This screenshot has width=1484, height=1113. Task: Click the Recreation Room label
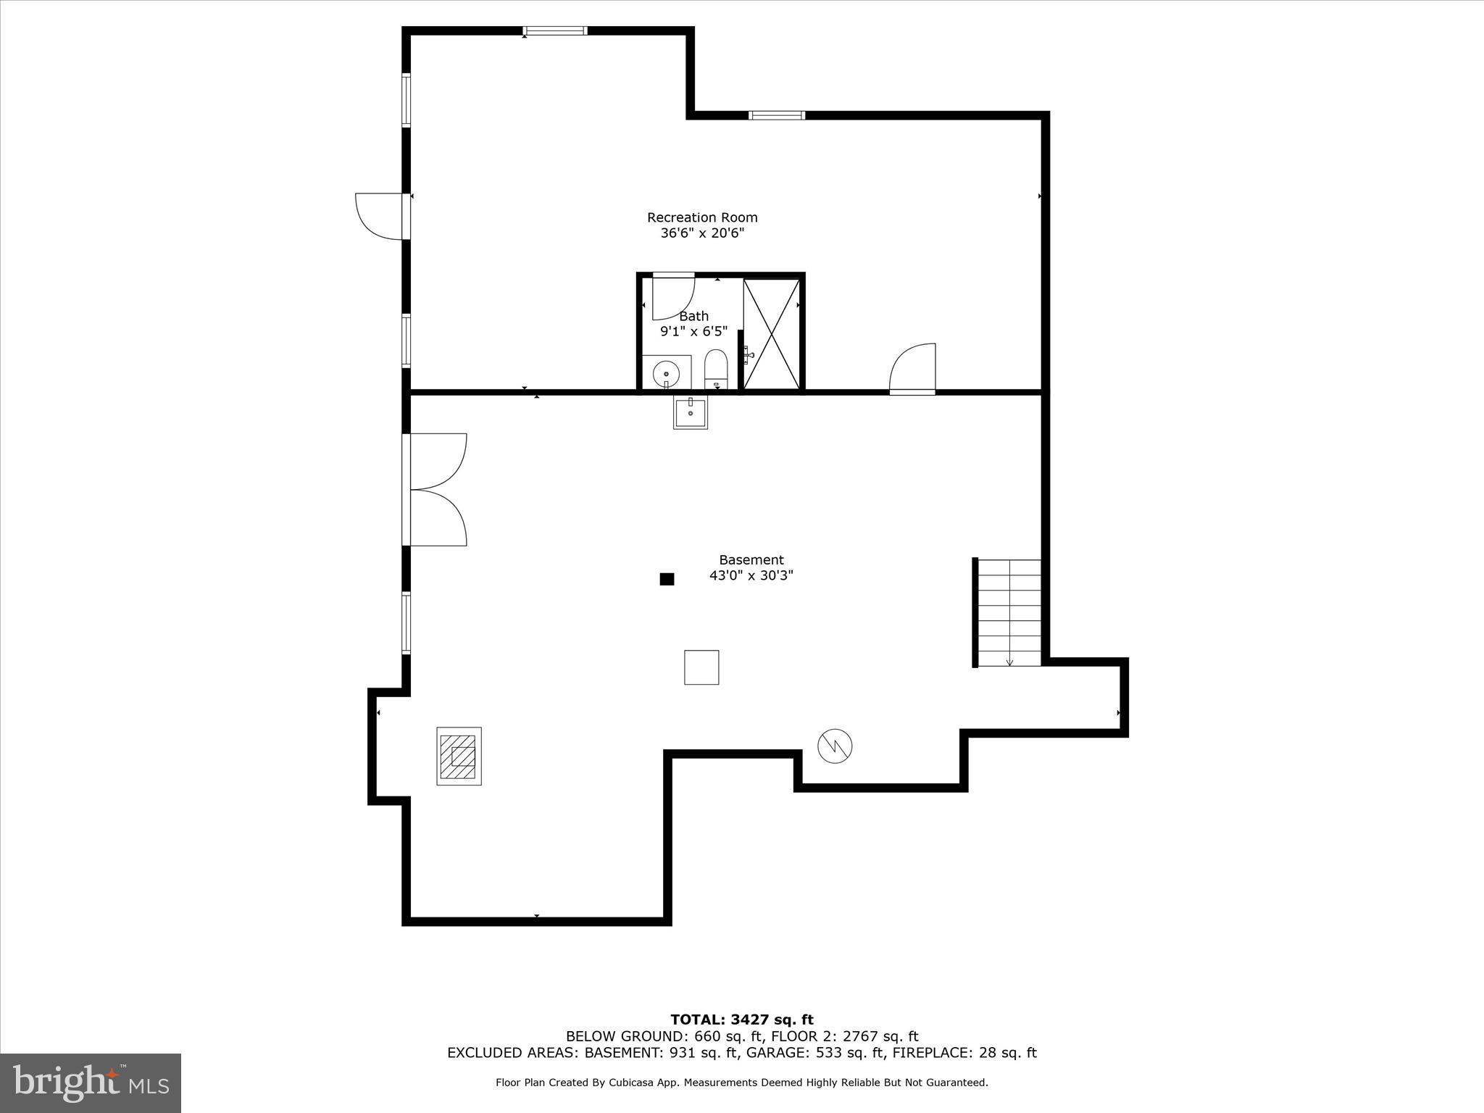(x=701, y=217)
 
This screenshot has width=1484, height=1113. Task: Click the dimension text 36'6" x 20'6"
(x=701, y=233)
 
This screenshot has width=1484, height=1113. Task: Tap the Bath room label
(x=693, y=316)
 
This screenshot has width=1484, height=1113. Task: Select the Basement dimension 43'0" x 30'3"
(x=751, y=576)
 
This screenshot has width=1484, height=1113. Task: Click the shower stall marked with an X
(x=771, y=334)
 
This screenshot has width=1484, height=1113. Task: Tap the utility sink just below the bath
(x=690, y=413)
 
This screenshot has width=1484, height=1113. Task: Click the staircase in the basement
(x=1009, y=612)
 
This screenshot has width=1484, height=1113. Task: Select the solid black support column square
(x=667, y=579)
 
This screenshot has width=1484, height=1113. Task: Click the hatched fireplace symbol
(x=459, y=756)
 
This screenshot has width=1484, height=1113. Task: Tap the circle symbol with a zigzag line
(x=835, y=746)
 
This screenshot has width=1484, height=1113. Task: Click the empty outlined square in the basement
(x=701, y=667)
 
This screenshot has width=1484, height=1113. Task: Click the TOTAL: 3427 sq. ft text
(x=741, y=1020)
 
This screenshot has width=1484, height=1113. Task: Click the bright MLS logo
(x=91, y=1083)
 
